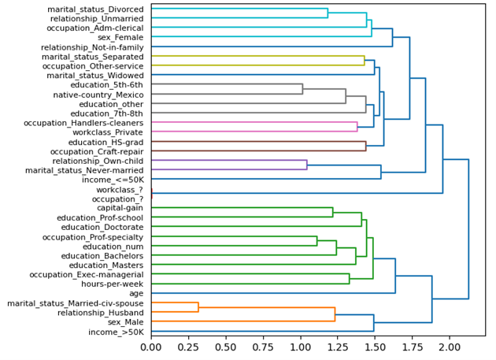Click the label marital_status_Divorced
point(95,9)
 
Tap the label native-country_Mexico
point(99,95)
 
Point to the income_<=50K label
point(113,180)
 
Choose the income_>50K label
point(115,332)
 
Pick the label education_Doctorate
point(102,227)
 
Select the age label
point(137,294)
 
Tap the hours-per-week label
point(113,284)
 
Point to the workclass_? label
point(120,189)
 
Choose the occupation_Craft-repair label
point(97,151)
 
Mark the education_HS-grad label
point(106,142)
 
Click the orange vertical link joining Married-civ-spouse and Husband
point(198,308)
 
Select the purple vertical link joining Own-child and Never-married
point(306,165)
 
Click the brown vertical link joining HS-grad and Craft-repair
point(365,147)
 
